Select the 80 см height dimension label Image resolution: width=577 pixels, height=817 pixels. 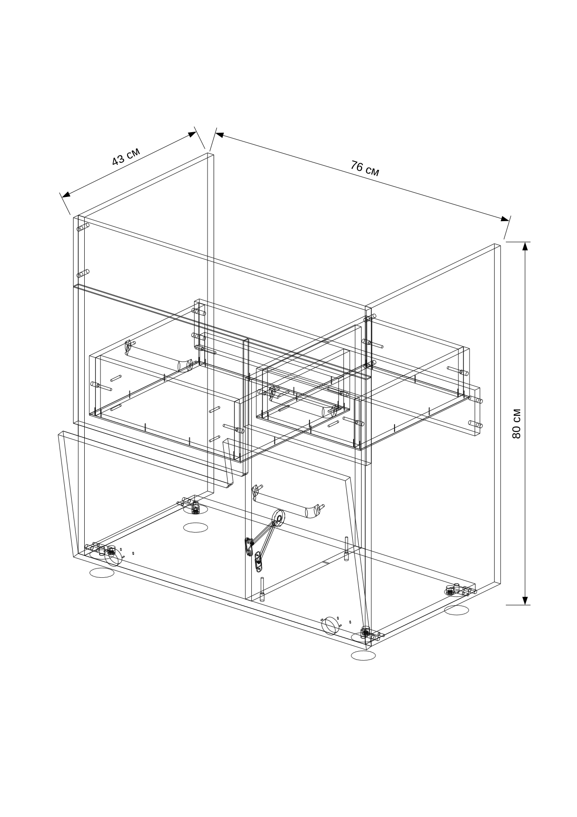click(x=516, y=424)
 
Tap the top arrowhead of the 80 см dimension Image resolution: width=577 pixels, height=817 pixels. click(x=525, y=246)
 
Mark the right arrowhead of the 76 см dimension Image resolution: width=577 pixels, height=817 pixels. click(x=505, y=218)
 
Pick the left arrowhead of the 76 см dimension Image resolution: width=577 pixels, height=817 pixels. click(x=220, y=135)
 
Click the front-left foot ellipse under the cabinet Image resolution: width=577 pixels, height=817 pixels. click(x=102, y=573)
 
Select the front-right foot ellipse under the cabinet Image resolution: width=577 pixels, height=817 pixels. click(x=363, y=655)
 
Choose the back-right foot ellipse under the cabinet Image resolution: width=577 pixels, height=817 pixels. click(x=456, y=610)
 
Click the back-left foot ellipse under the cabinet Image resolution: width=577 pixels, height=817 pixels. click(x=196, y=527)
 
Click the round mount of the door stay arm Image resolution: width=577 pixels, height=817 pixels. click(x=279, y=517)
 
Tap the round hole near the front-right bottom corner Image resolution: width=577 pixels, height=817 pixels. click(x=331, y=625)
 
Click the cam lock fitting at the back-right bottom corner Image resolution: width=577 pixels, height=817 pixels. click(x=450, y=590)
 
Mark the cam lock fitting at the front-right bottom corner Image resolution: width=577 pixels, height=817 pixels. click(x=366, y=632)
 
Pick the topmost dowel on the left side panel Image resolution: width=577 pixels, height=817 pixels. click(x=83, y=228)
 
